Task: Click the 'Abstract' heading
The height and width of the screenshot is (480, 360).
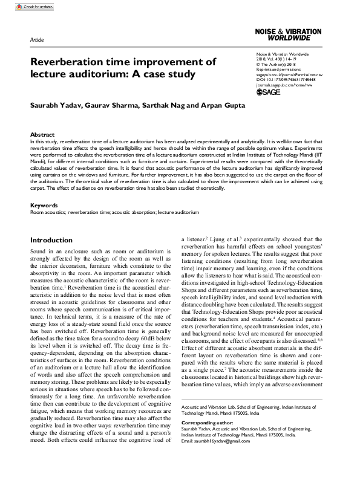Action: click(41, 134)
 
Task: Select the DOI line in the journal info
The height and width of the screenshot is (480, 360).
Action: click(290, 79)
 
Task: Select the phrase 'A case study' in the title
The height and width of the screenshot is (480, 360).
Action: click(165, 75)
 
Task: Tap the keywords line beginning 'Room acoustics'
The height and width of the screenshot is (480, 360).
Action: click(114, 212)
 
